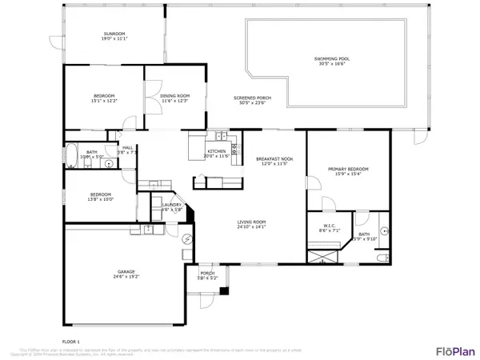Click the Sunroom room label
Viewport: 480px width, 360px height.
point(114,36)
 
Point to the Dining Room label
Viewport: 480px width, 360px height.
point(174,98)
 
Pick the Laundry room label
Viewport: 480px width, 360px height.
point(172,206)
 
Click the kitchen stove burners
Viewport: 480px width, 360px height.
point(234,148)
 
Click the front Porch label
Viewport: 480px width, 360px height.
point(207,276)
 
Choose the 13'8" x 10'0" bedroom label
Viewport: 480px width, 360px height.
point(100,198)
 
